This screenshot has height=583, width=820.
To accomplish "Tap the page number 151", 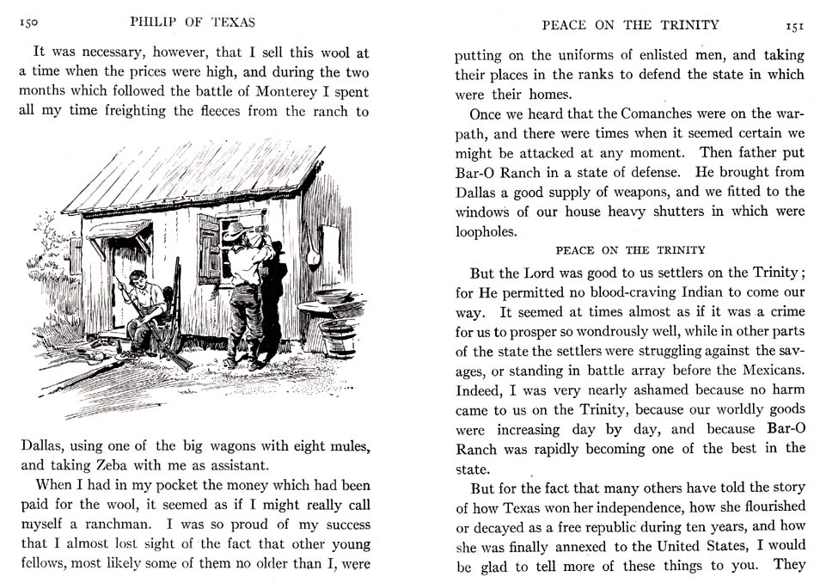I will pyautogui.click(x=793, y=26).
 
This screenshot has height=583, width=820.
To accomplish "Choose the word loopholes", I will pyautogui.click(x=487, y=231).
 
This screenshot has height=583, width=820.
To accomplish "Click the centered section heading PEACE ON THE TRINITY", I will pyautogui.click(x=630, y=250).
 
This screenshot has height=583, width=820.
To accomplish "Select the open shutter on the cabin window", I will pyautogui.click(x=209, y=249).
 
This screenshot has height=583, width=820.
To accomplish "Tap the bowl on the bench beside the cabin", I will pyautogui.click(x=332, y=297).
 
